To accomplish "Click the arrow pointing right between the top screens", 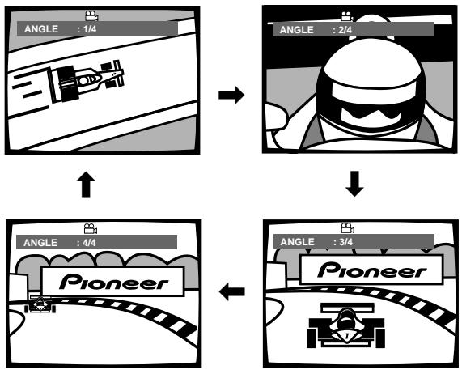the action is click(231, 95).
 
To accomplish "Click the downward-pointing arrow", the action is click(354, 183).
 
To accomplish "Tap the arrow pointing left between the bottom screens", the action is click(232, 291).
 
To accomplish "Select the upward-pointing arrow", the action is click(86, 184).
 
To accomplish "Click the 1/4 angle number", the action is click(90, 29).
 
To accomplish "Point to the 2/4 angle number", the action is click(345, 30).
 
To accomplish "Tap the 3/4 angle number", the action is click(345, 242).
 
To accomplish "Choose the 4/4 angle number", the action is click(89, 243).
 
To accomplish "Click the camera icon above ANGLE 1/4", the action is click(91, 16).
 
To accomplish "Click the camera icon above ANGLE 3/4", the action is click(348, 228).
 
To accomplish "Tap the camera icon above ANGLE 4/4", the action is click(91, 229).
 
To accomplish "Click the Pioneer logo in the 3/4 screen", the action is click(372, 270).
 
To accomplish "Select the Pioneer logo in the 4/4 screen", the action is click(114, 282).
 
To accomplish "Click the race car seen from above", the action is click(86, 80).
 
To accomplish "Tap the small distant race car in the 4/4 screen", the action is click(40, 304).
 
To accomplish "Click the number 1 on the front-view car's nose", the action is click(347, 336).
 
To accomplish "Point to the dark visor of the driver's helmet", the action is click(371, 115).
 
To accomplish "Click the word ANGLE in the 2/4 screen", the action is click(296, 30).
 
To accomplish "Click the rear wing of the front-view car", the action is click(347, 308).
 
